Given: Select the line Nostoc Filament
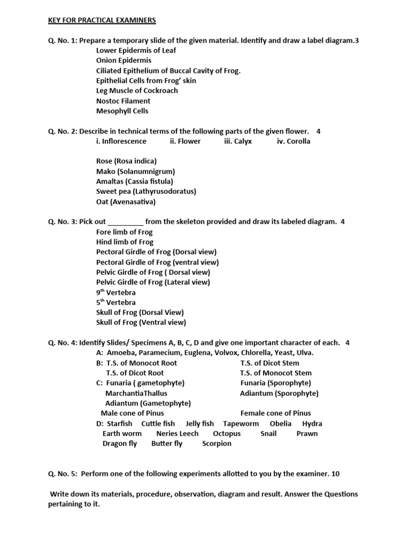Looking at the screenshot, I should (x=123, y=101).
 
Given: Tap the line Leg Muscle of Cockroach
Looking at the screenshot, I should (x=137, y=90).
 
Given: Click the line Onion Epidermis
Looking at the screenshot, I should (x=124, y=61).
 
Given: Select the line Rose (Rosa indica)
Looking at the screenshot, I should (x=126, y=161).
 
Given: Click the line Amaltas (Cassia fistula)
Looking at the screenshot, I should (x=134, y=181).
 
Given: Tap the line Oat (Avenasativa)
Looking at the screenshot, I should (x=126, y=202).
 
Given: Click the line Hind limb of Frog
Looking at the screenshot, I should (x=125, y=242).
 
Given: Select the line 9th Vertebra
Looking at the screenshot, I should (x=116, y=293).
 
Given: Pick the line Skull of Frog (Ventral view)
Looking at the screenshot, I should (x=141, y=323).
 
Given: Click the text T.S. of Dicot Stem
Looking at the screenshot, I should (x=269, y=363).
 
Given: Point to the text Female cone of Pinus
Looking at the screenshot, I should (x=275, y=413).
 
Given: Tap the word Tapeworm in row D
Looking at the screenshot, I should (x=241, y=424).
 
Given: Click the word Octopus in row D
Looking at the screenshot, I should (x=226, y=434).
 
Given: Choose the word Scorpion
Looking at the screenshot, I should (x=217, y=444).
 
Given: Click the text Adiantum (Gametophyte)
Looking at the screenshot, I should (x=148, y=403).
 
